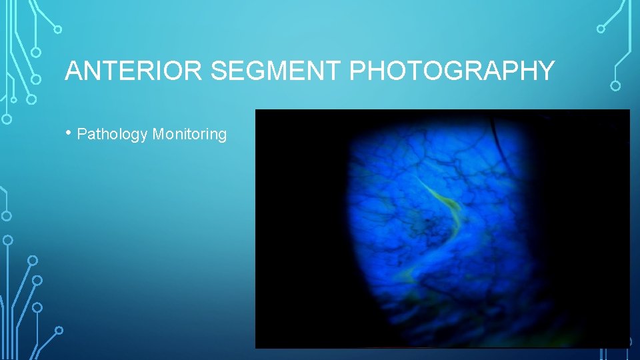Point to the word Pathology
(x=112, y=135)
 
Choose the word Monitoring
(x=189, y=135)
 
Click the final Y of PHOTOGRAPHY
(x=546, y=71)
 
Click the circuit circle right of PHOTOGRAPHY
(x=615, y=86)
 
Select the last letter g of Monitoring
(x=222, y=136)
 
